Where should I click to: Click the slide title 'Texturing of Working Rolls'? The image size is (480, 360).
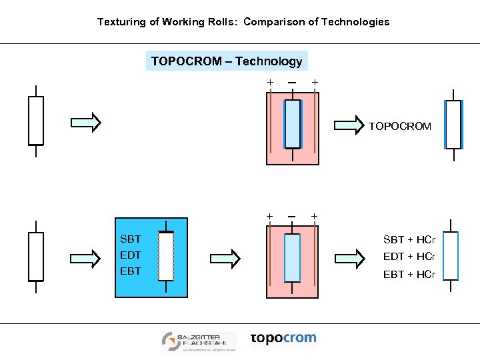243,22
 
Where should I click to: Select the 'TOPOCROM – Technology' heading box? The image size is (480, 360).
227,61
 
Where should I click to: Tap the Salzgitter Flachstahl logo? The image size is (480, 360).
199,341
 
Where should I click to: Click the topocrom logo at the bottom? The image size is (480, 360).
283,339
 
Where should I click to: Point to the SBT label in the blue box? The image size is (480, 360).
130,239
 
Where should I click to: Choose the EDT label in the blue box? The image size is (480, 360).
130,255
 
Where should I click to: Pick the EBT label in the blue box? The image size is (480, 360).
130,271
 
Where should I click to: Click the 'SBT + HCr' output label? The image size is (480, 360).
409,240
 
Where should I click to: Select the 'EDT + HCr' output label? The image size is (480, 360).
409,257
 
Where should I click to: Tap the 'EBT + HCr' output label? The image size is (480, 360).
409,274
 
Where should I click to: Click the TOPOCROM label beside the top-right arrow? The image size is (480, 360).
399,125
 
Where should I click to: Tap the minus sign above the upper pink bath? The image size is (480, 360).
292,82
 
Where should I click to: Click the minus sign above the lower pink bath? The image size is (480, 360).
292,216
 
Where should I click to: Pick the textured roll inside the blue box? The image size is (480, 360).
166,256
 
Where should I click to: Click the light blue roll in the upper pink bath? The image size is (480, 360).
292,123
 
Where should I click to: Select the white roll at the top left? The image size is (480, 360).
36,121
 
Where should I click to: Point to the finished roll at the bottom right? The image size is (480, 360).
451,255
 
